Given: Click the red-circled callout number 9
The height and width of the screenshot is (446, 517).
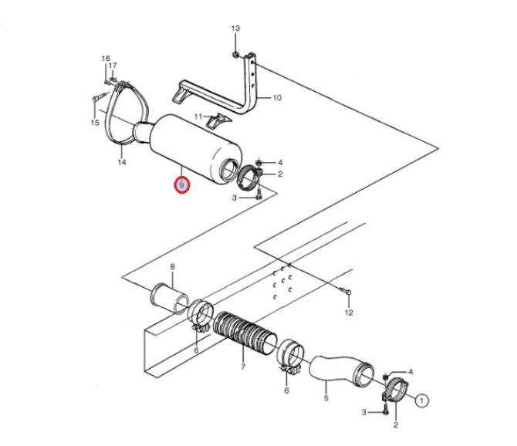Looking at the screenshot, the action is coord(182,185).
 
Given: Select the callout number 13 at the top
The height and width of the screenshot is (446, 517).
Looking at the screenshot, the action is coord(235,29).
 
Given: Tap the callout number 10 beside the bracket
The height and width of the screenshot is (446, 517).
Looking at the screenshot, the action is coord(277,97).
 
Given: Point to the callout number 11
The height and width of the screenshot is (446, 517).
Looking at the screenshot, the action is coord(198,117).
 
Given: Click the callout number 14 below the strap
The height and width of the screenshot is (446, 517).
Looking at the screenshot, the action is coord(122,162).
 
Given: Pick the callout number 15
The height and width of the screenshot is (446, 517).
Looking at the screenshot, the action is coord(95,123).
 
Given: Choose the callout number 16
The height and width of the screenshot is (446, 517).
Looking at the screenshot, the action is coord(106,59).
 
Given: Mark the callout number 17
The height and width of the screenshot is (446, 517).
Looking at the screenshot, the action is coord(113,66).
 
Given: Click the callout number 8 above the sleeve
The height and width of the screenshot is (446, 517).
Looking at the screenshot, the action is coord(172,267).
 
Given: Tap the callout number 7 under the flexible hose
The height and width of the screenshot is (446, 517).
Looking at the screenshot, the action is coord(243,367).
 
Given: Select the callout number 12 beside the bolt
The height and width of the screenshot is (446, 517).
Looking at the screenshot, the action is coord(349,313).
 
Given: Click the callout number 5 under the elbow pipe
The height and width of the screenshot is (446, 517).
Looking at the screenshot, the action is coord(326,398).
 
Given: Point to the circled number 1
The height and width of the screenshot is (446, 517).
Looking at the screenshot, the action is coord(422,400).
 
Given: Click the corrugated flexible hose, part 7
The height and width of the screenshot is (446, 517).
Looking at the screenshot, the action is coord(245,333).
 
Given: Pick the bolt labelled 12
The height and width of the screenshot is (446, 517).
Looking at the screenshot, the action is coord(345,291).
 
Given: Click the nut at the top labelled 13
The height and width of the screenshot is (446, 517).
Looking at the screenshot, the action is coord(235,54).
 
